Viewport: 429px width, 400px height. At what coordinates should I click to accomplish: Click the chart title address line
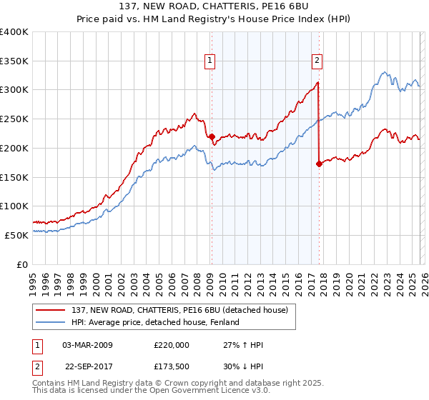click(x=214, y=6)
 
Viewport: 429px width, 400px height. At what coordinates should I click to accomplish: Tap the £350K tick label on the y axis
click(x=14, y=61)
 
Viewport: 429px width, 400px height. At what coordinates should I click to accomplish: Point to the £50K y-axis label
click(x=16, y=234)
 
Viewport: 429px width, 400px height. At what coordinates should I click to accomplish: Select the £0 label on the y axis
click(x=21, y=264)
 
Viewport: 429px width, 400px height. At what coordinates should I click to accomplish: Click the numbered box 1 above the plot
click(x=210, y=61)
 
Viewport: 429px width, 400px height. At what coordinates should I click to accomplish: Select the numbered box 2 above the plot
click(x=316, y=61)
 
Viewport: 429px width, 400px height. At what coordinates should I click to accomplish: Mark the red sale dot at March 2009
click(x=212, y=136)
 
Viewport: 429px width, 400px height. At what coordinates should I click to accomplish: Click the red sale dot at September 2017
click(x=319, y=164)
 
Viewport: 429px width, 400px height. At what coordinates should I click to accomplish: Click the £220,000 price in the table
click(x=171, y=345)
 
